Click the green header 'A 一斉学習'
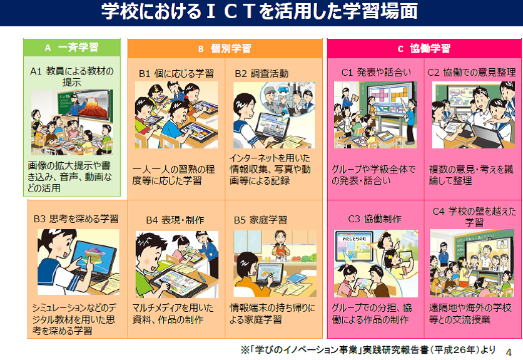pyautogui.click(x=72, y=48)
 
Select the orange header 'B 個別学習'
pyautogui.click(x=225, y=48)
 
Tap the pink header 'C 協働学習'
pyautogui.click(x=424, y=48)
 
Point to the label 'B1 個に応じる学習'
pyautogui.click(x=176, y=73)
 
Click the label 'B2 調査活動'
pyautogui.click(x=261, y=73)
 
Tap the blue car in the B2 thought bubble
pyautogui.click(x=285, y=90)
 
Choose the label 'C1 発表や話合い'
pyautogui.click(x=376, y=72)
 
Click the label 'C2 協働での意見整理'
pyautogui.click(x=471, y=72)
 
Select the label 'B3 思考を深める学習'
pyautogui.click(x=76, y=219)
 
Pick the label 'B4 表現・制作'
pyautogui.click(x=175, y=220)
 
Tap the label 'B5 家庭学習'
pyautogui.click(x=260, y=220)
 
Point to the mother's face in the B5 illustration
pyautogui.click(x=280, y=238)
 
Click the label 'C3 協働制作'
pyautogui.click(x=375, y=219)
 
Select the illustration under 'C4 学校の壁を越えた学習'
pyautogui.click(x=472, y=263)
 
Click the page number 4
pyautogui.click(x=509, y=352)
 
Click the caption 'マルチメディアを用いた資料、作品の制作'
pyautogui.click(x=173, y=314)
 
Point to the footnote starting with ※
pyautogui.click(x=368, y=349)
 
